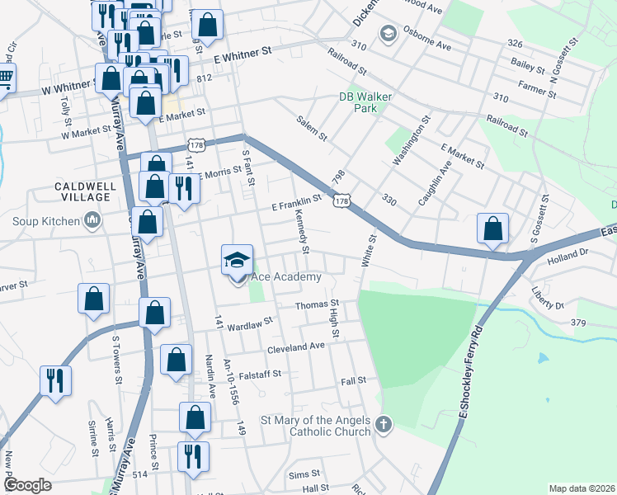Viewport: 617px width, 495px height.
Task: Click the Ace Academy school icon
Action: (x=237, y=261)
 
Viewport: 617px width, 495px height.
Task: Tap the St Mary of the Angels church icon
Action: (x=382, y=425)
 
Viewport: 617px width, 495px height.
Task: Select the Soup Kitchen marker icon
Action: (x=92, y=220)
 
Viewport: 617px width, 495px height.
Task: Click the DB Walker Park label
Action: (x=358, y=101)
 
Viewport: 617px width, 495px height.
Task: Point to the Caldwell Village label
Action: (x=82, y=191)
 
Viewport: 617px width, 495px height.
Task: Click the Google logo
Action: (x=28, y=484)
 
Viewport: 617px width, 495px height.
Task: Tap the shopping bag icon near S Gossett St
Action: (x=492, y=229)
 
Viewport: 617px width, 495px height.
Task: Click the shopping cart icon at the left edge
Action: (x=5, y=80)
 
